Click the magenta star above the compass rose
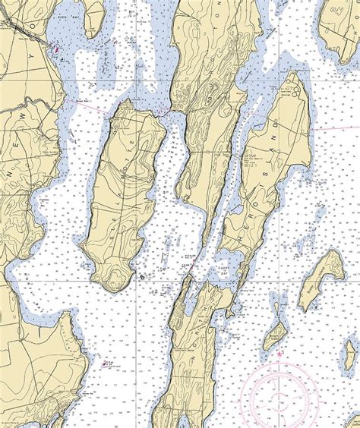point(279,354)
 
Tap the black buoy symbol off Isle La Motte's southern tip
point(142,278)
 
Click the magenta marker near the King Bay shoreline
point(55,49)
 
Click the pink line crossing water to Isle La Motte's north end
point(91,105)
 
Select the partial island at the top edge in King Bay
point(93,15)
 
